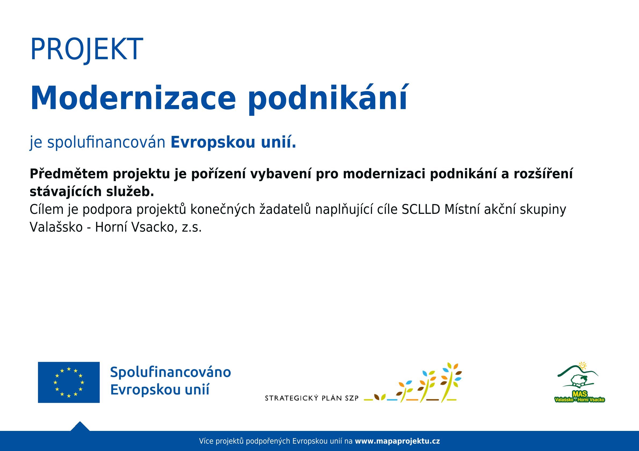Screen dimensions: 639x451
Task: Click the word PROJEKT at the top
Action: coord(87,49)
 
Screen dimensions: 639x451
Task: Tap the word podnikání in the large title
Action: coord(328,99)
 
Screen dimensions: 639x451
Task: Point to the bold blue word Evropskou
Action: coord(213,143)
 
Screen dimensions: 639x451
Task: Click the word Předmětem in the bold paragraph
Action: coord(69,174)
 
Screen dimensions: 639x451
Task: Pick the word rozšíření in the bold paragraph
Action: coord(543,174)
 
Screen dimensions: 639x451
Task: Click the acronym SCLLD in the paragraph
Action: coord(421,210)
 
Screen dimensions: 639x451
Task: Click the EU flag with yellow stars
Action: coord(69,382)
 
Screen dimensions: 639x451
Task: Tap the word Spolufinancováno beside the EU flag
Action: coord(171,372)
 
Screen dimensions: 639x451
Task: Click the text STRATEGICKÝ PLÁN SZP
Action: coord(312,398)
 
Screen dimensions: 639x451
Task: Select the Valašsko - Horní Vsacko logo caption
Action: coord(580,400)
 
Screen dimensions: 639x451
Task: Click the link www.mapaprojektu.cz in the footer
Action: coord(397,441)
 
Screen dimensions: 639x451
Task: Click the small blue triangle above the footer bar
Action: coord(80,427)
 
